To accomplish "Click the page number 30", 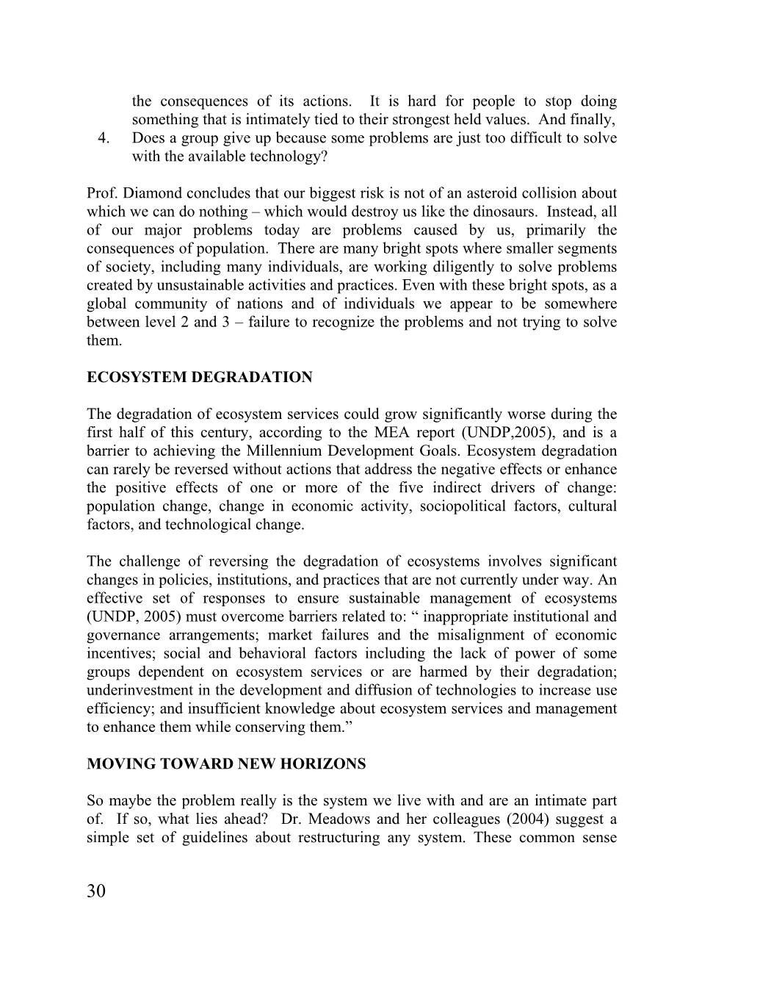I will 96,891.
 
